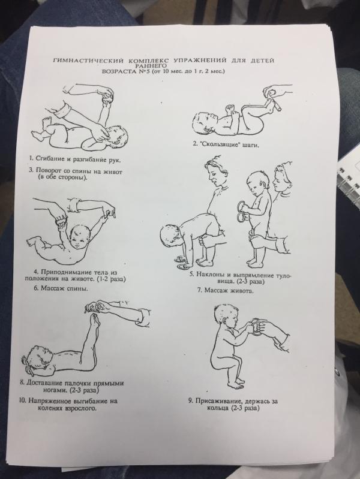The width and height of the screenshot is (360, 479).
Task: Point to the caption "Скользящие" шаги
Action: [x=226, y=144]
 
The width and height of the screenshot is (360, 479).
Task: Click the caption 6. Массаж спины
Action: [x=61, y=288]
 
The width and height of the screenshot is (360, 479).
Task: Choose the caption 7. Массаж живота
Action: [x=226, y=290]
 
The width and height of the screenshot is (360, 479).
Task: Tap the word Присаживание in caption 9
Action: [x=219, y=401]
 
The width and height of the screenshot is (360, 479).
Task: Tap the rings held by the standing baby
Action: [x=244, y=211]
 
